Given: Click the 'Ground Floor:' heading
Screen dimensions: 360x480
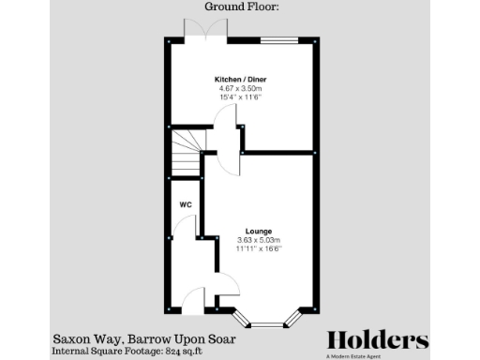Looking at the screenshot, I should tap(240, 7).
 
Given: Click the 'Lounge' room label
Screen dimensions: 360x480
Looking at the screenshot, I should tap(259, 231).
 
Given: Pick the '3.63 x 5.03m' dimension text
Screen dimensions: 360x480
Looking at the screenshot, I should tap(259, 240).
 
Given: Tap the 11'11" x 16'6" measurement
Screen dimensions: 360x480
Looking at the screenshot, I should tap(259, 248).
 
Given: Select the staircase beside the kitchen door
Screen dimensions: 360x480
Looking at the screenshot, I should tap(185, 152).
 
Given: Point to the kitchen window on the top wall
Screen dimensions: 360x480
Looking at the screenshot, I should tap(278, 39).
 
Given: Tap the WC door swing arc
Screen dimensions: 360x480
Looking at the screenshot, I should tap(186, 228).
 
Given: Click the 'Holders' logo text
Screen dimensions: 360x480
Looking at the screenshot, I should tap(377, 339).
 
